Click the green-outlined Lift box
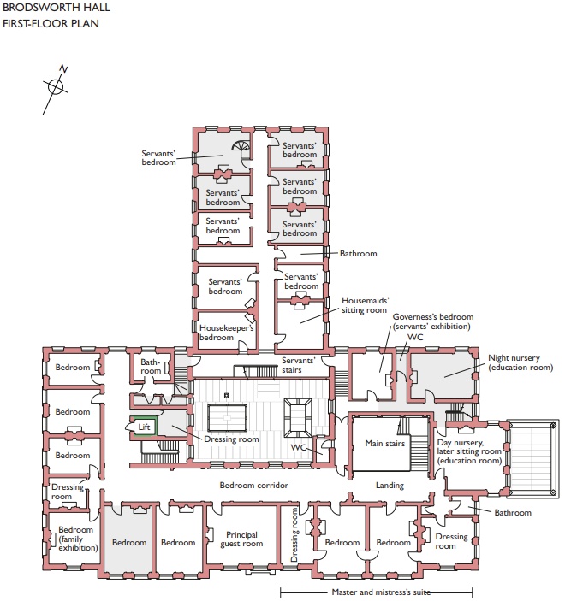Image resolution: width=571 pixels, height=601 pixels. [x=143, y=427]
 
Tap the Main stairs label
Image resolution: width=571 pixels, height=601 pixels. [x=385, y=444]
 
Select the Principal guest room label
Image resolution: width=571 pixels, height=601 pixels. [x=241, y=539]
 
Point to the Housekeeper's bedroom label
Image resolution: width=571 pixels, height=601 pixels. [x=226, y=333]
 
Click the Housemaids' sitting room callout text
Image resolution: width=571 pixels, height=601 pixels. [x=365, y=305]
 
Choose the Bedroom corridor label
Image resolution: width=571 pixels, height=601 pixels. [x=253, y=486]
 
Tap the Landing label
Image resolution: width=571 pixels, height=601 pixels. [x=390, y=486]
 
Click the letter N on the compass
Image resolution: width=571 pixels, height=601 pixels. [x=63, y=69]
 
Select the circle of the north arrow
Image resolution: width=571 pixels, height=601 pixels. [x=56, y=86]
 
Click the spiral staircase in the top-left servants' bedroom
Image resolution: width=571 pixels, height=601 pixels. [x=241, y=147]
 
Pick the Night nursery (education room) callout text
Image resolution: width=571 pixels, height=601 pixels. [x=520, y=362]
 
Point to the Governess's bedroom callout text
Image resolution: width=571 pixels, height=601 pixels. [x=432, y=321]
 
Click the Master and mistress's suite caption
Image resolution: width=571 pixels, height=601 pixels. [x=381, y=592]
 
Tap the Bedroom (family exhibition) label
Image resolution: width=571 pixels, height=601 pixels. [x=78, y=539]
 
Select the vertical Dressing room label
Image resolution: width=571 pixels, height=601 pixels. [x=294, y=534]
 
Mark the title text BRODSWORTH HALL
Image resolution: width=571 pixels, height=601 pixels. [x=57, y=8]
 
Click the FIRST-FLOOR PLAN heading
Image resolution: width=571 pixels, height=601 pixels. [x=51, y=23]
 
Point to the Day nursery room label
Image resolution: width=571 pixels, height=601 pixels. [x=469, y=451]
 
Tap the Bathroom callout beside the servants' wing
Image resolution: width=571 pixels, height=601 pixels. [x=358, y=253]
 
